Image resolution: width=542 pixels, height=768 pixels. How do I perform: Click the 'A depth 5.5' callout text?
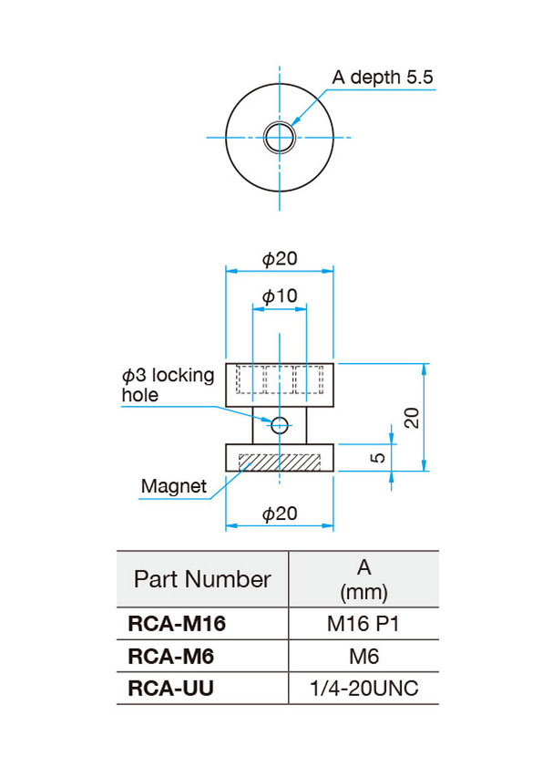click(383, 78)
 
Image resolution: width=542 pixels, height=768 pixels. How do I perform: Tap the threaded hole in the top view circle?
click(280, 137)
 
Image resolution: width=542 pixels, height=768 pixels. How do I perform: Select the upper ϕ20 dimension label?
click(280, 258)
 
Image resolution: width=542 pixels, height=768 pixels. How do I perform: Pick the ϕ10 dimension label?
click(280, 296)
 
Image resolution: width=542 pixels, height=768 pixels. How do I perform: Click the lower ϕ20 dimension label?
click(280, 514)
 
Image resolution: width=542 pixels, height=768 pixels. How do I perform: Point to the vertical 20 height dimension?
click(413, 418)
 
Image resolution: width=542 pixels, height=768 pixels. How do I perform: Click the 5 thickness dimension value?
click(378, 458)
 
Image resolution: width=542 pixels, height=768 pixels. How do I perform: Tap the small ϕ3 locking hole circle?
click(280, 425)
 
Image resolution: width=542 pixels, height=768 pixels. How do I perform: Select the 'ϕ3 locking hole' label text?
click(168, 385)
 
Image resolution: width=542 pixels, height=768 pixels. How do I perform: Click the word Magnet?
click(174, 486)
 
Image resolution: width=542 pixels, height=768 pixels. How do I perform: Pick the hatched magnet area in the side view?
click(280, 462)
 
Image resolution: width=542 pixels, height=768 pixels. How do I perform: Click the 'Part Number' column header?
click(202, 579)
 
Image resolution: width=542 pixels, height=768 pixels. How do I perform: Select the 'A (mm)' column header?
click(363, 579)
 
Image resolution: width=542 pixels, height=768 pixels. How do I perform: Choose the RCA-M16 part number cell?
click(177, 624)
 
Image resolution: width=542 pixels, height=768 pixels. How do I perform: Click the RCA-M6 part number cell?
click(170, 657)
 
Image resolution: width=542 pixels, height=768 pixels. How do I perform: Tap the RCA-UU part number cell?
click(170, 689)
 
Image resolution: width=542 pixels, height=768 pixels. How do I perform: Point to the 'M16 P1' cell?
click(363, 624)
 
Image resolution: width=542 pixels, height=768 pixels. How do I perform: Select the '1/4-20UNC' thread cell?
click(364, 689)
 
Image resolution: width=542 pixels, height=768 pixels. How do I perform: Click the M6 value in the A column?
click(363, 657)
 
